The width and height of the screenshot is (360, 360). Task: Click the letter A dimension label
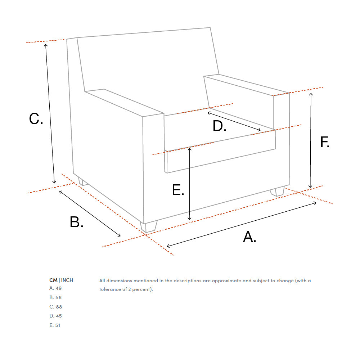click(249, 237)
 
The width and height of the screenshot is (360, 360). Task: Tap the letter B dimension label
click(76, 222)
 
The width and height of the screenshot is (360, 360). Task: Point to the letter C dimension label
click(36, 119)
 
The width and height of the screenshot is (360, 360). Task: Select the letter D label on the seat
click(220, 126)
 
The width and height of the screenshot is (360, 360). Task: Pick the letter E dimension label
click(178, 190)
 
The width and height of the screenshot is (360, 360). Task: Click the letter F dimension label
click(325, 142)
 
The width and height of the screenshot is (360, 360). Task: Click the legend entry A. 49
click(55, 288)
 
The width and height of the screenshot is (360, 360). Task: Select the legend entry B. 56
click(55, 298)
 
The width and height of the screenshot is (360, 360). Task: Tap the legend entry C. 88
click(55, 307)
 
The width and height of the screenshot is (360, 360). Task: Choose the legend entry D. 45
click(55, 316)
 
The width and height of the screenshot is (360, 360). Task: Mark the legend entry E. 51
click(55, 325)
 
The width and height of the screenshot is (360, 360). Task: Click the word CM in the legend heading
click(53, 280)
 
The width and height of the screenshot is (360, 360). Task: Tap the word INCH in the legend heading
click(67, 280)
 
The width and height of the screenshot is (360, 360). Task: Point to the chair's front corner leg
click(149, 226)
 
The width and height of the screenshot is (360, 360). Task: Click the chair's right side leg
click(277, 192)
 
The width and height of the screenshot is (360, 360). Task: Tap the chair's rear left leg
click(83, 181)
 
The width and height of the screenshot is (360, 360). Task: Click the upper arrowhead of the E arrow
click(190, 149)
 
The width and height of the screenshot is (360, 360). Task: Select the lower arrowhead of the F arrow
click(310, 186)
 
